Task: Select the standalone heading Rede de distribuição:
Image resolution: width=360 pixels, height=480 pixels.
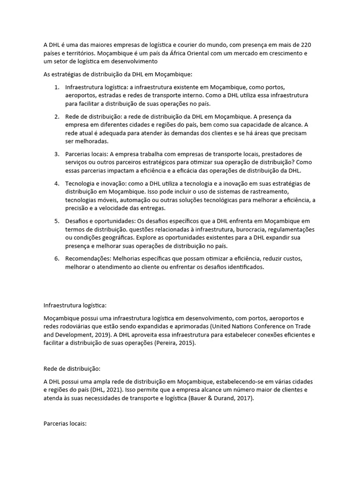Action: pos(69,368)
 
